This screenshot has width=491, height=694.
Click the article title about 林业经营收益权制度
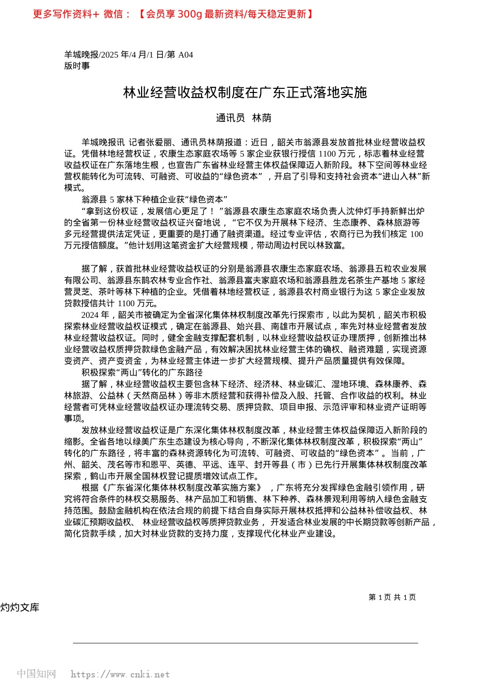(x=245, y=92)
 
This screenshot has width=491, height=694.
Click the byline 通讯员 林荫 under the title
(x=243, y=118)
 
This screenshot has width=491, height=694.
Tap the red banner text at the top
(x=173, y=14)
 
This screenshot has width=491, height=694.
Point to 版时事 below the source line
(x=77, y=66)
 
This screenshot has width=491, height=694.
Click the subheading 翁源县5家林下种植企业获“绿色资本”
(x=155, y=199)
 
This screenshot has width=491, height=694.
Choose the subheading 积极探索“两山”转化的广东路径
(x=142, y=372)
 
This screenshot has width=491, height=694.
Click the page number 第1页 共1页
(x=392, y=597)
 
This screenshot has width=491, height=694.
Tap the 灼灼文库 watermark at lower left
(x=20, y=607)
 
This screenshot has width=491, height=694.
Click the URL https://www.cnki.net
(x=120, y=674)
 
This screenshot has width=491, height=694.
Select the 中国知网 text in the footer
(x=36, y=674)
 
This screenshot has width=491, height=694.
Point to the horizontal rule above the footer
(x=245, y=643)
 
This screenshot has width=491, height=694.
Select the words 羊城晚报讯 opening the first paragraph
(x=103, y=143)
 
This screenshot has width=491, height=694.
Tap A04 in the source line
(x=186, y=55)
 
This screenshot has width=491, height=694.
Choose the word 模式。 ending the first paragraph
(x=75, y=188)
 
